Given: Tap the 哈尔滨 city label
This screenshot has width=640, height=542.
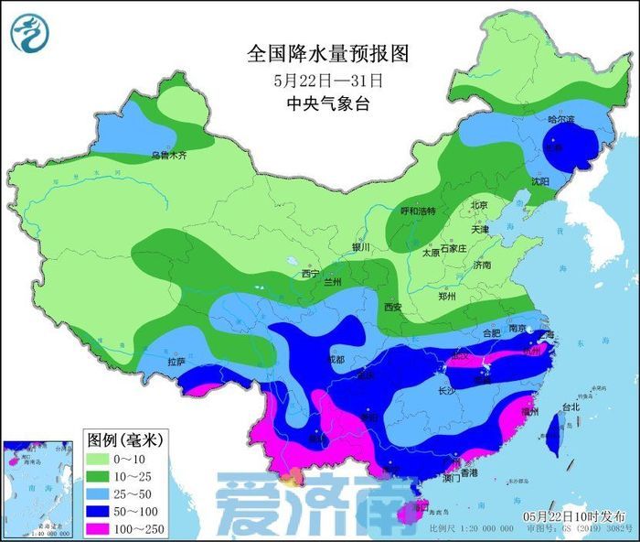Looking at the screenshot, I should (560, 120).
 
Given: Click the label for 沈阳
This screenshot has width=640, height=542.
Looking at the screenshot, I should (542, 182).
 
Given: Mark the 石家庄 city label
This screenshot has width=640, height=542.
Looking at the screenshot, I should (453, 249).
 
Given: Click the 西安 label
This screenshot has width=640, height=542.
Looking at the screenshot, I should (393, 306).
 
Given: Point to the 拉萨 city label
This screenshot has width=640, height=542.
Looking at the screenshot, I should (176, 363).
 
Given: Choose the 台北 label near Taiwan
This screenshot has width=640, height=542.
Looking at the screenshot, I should (571, 406).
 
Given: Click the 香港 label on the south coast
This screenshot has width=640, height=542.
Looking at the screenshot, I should (468, 473).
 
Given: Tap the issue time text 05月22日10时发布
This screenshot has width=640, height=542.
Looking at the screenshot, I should (580, 516).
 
